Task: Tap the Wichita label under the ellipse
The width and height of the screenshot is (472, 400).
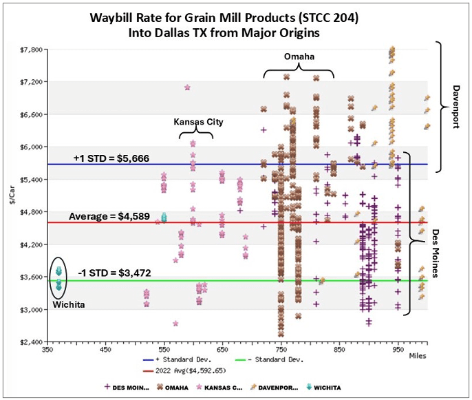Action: pyautogui.click(x=69, y=304)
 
